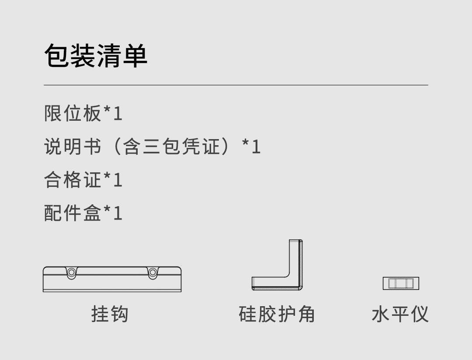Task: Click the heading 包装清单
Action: coord(96,56)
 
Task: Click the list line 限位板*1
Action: coord(83,113)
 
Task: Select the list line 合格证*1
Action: coord(83,180)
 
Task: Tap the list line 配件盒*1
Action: coord(83,213)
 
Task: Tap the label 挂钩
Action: coord(110,314)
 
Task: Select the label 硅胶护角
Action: coord(277,314)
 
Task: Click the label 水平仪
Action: coord(400,314)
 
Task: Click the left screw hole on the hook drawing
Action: coord(71,273)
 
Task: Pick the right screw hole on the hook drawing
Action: coord(153,273)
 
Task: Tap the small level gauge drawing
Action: coord(401,283)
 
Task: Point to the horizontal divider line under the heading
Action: coord(236,85)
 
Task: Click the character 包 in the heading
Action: coord(57,56)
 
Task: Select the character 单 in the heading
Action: coord(135,56)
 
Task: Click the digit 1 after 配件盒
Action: coord(117,213)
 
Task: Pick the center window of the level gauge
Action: coord(401,283)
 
